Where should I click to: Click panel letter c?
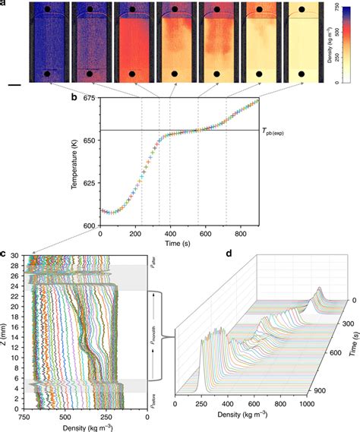4,252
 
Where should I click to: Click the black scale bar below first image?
14,85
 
